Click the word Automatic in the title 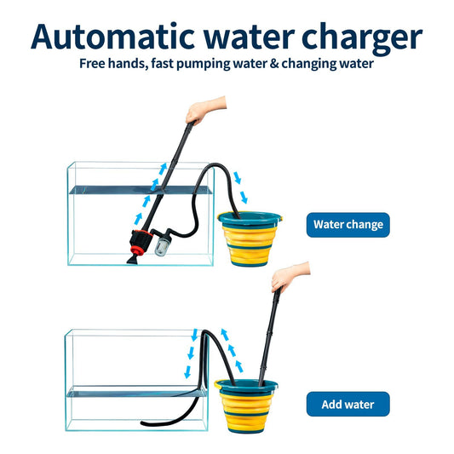(112, 37)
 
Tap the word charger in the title (362, 39)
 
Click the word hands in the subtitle (128, 63)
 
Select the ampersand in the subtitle (274, 64)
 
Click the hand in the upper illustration (204, 109)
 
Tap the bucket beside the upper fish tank (250, 238)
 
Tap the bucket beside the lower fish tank (246, 406)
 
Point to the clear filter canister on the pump (162, 247)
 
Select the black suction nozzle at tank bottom (133, 260)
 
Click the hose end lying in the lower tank (144, 423)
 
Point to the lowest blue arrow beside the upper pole (138, 219)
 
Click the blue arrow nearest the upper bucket (244, 197)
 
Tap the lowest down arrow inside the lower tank (187, 372)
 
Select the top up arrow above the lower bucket (225, 335)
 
